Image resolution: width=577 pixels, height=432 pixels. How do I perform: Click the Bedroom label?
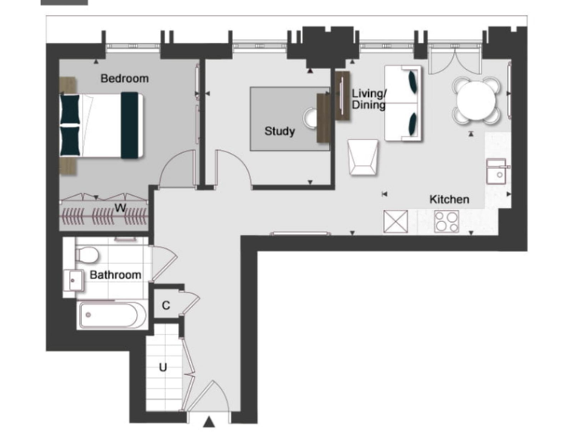pos(125,78)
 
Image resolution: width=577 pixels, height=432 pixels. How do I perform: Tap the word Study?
pos(279,131)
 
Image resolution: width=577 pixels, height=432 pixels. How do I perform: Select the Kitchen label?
pos(449,199)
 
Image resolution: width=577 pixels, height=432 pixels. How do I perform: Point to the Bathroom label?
pos(115,275)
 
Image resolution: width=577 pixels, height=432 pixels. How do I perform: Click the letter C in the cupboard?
pos(165,305)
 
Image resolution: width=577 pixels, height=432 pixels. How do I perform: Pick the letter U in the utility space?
pos(162,367)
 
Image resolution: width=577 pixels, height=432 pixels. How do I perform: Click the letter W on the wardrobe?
pos(119,207)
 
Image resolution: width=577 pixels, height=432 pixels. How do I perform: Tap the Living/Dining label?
pos(369,99)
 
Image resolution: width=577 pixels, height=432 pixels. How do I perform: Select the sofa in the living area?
pos(403,103)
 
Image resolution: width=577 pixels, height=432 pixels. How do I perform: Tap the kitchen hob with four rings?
pos(449,221)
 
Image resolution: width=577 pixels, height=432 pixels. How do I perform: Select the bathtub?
pos(109,315)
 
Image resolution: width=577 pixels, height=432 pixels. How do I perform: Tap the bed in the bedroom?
pos(101,125)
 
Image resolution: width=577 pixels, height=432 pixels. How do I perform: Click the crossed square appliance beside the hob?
pos(395,221)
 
